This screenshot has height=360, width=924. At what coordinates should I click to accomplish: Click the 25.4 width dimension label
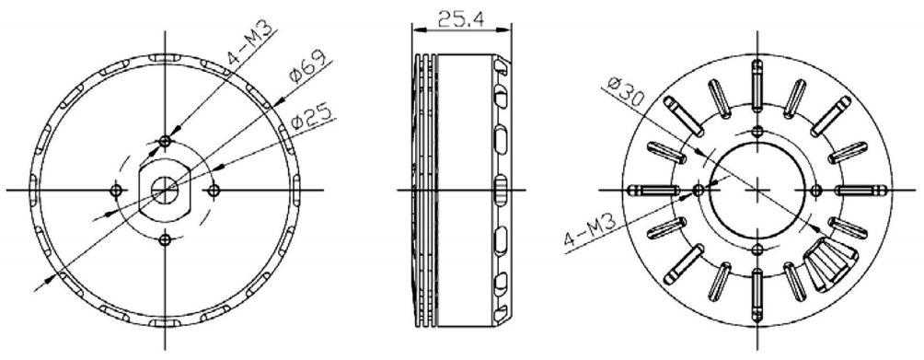click(460, 19)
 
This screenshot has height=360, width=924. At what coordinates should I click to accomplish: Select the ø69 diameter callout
click(303, 69)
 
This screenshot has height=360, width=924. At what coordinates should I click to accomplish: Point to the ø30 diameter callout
click(624, 91)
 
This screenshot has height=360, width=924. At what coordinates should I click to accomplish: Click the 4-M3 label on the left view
click(250, 42)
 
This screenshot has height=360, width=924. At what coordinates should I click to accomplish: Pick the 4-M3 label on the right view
click(590, 230)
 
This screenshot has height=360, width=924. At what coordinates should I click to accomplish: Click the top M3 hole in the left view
click(165, 141)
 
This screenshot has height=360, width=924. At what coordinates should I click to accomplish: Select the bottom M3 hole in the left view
click(165, 238)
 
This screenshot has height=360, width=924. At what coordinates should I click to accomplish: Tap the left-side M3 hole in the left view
click(117, 191)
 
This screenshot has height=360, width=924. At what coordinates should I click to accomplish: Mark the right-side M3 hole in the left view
click(214, 191)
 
